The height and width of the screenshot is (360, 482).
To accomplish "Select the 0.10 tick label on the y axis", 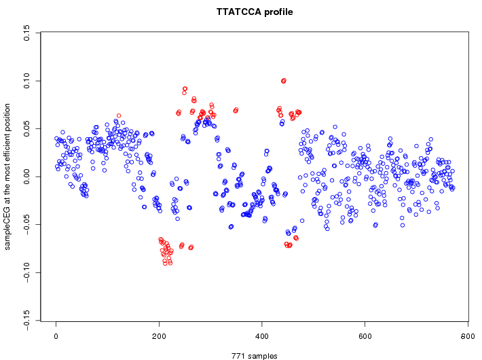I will (26, 81).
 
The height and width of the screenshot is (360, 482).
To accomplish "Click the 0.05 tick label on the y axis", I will (26, 129).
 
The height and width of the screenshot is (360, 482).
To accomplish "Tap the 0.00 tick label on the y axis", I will (26, 177).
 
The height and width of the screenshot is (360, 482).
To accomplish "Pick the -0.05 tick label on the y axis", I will (26, 223).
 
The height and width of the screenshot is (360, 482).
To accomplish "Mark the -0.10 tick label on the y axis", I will (26, 271).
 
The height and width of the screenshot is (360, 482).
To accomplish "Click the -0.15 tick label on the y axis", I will (26, 319).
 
